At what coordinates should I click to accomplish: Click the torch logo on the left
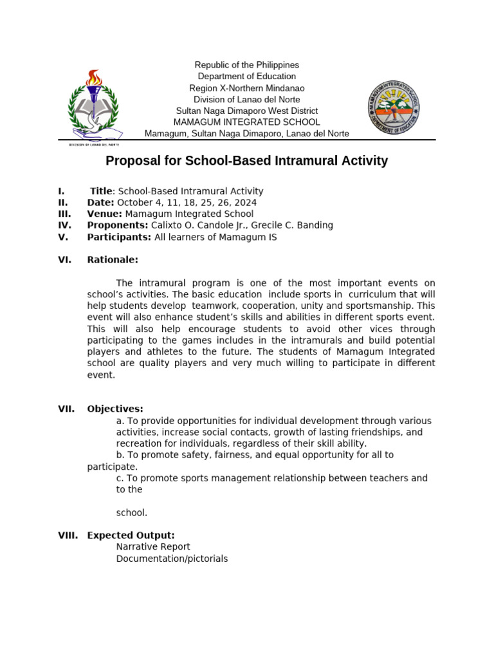(x=94, y=107)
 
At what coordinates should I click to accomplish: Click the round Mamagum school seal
(x=394, y=107)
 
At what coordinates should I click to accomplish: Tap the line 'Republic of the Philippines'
(x=247, y=65)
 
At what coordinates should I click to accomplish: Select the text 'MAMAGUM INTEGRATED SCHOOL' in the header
(x=247, y=122)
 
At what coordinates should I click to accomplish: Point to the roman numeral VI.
(x=64, y=260)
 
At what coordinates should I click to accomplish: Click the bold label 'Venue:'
(x=105, y=214)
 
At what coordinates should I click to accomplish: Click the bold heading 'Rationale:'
(x=113, y=260)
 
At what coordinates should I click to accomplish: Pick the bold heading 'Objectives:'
(x=115, y=409)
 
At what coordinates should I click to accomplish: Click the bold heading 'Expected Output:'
(x=131, y=535)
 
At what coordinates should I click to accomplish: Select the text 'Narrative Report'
(x=153, y=547)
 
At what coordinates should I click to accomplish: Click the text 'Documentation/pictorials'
(x=172, y=559)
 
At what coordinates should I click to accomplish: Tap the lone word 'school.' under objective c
(x=132, y=513)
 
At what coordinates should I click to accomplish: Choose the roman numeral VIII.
(x=68, y=535)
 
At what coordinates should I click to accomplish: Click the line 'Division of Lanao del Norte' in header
(x=247, y=99)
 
